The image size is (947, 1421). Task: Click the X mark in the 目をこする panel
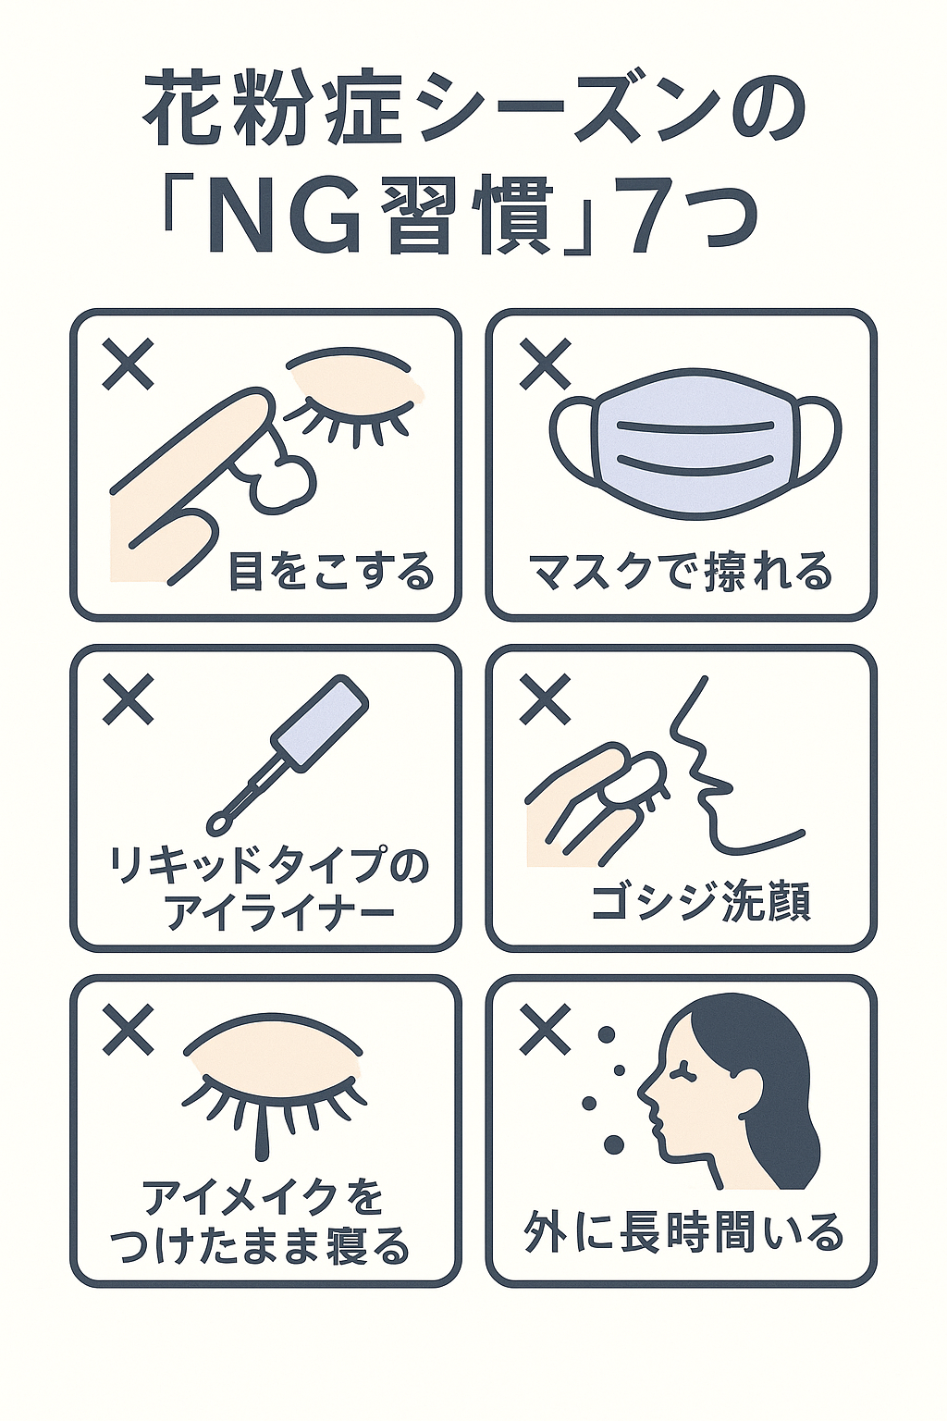click(128, 365)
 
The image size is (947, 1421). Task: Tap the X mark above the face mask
click(544, 365)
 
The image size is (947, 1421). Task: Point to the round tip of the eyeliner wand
click(218, 824)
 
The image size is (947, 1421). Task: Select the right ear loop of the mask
click(819, 440)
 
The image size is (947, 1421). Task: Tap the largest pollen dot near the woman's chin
click(613, 1143)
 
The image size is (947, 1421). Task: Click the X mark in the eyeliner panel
click(128, 699)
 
